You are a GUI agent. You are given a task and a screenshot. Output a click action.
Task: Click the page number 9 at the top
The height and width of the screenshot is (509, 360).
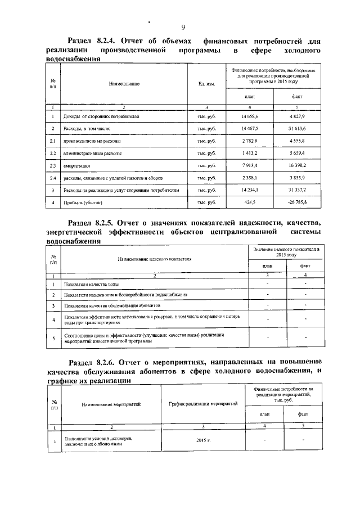click(x=183, y=28)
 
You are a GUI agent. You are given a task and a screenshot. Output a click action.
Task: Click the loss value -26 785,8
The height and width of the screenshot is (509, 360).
click(x=297, y=202)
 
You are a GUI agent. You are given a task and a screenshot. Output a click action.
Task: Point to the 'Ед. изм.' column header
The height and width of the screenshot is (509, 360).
click(x=206, y=83)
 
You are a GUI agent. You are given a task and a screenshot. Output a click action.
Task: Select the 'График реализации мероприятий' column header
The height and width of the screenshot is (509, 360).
click(x=203, y=404)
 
